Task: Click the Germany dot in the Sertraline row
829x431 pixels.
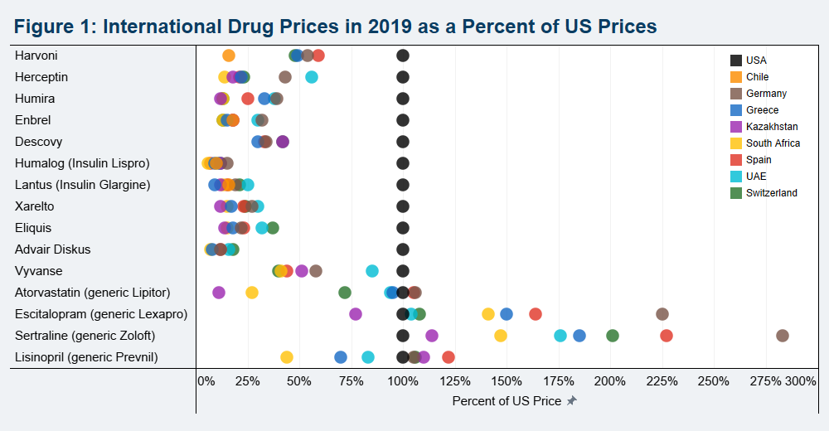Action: tap(782, 336)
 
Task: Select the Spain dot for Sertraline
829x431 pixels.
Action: tap(666, 336)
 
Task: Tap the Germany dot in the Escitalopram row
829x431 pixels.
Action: tap(662, 314)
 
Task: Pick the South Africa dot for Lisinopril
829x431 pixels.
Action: tap(286, 357)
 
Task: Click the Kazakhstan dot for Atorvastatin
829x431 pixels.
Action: tap(219, 293)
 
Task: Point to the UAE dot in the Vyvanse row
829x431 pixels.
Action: tap(372, 271)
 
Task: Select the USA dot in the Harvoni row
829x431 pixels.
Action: tap(403, 56)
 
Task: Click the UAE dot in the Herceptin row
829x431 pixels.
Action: tap(312, 77)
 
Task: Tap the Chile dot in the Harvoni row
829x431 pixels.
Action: tap(229, 56)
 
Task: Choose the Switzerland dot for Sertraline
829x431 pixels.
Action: tap(613, 336)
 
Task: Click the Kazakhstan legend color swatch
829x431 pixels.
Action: tap(736, 127)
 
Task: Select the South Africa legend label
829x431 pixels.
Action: tap(773, 143)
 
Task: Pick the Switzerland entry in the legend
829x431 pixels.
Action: tap(771, 193)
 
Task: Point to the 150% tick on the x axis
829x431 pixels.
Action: tap(507, 381)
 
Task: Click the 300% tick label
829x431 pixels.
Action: tap(801, 381)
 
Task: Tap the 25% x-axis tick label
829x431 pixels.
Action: tap(245, 381)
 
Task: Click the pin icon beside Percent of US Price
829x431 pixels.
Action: tap(571, 401)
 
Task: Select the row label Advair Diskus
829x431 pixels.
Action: tap(53, 249)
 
